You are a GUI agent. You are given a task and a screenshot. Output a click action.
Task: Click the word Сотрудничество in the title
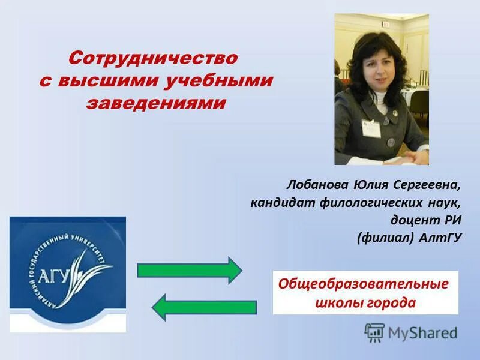153,59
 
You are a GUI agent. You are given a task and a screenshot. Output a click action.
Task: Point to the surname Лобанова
315,182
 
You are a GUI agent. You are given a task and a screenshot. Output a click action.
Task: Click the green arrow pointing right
188,270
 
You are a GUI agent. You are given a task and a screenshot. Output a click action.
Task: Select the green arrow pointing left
204,308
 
